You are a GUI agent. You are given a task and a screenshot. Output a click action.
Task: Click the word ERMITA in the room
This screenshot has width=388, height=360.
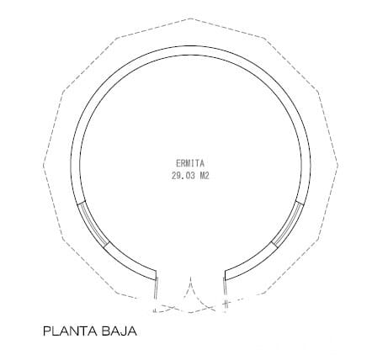[x=190, y=163]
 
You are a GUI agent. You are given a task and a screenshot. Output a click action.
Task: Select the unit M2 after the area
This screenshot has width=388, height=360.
[x=205, y=176]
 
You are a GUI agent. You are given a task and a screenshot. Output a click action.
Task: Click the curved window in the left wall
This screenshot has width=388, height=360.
[x=93, y=225]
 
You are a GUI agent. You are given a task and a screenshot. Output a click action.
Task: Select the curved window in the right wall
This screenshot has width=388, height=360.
[x=288, y=225]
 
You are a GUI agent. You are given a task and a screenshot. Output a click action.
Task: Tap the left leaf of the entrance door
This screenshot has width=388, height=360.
[x=156, y=294]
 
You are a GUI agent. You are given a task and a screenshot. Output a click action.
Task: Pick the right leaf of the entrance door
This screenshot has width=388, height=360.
[x=225, y=294]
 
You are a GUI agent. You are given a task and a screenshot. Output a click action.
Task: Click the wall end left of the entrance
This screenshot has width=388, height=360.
[x=156, y=275]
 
